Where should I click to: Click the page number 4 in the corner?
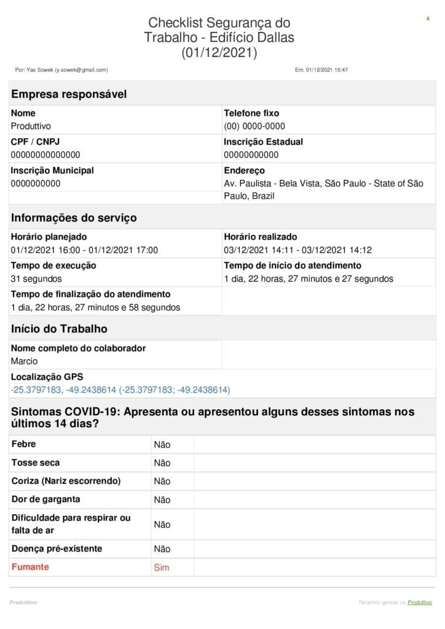point(427,19)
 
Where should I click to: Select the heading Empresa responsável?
point(69,94)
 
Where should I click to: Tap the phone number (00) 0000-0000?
point(254,127)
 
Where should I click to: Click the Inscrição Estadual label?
point(263,142)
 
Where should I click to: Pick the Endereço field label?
point(244,171)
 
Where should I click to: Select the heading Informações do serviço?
point(74,218)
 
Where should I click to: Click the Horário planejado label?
point(49,236)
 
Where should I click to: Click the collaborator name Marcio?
point(24,361)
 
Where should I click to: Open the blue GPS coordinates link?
point(120,390)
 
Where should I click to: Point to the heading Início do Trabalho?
point(59,329)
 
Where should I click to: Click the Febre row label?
point(23,444)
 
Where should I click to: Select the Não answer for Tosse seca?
point(162,463)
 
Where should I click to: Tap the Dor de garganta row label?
point(45,499)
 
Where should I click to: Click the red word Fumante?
point(30,567)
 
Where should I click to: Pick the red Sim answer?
point(161,568)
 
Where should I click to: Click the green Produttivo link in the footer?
point(420,603)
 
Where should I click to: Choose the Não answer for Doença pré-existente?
point(162,549)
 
